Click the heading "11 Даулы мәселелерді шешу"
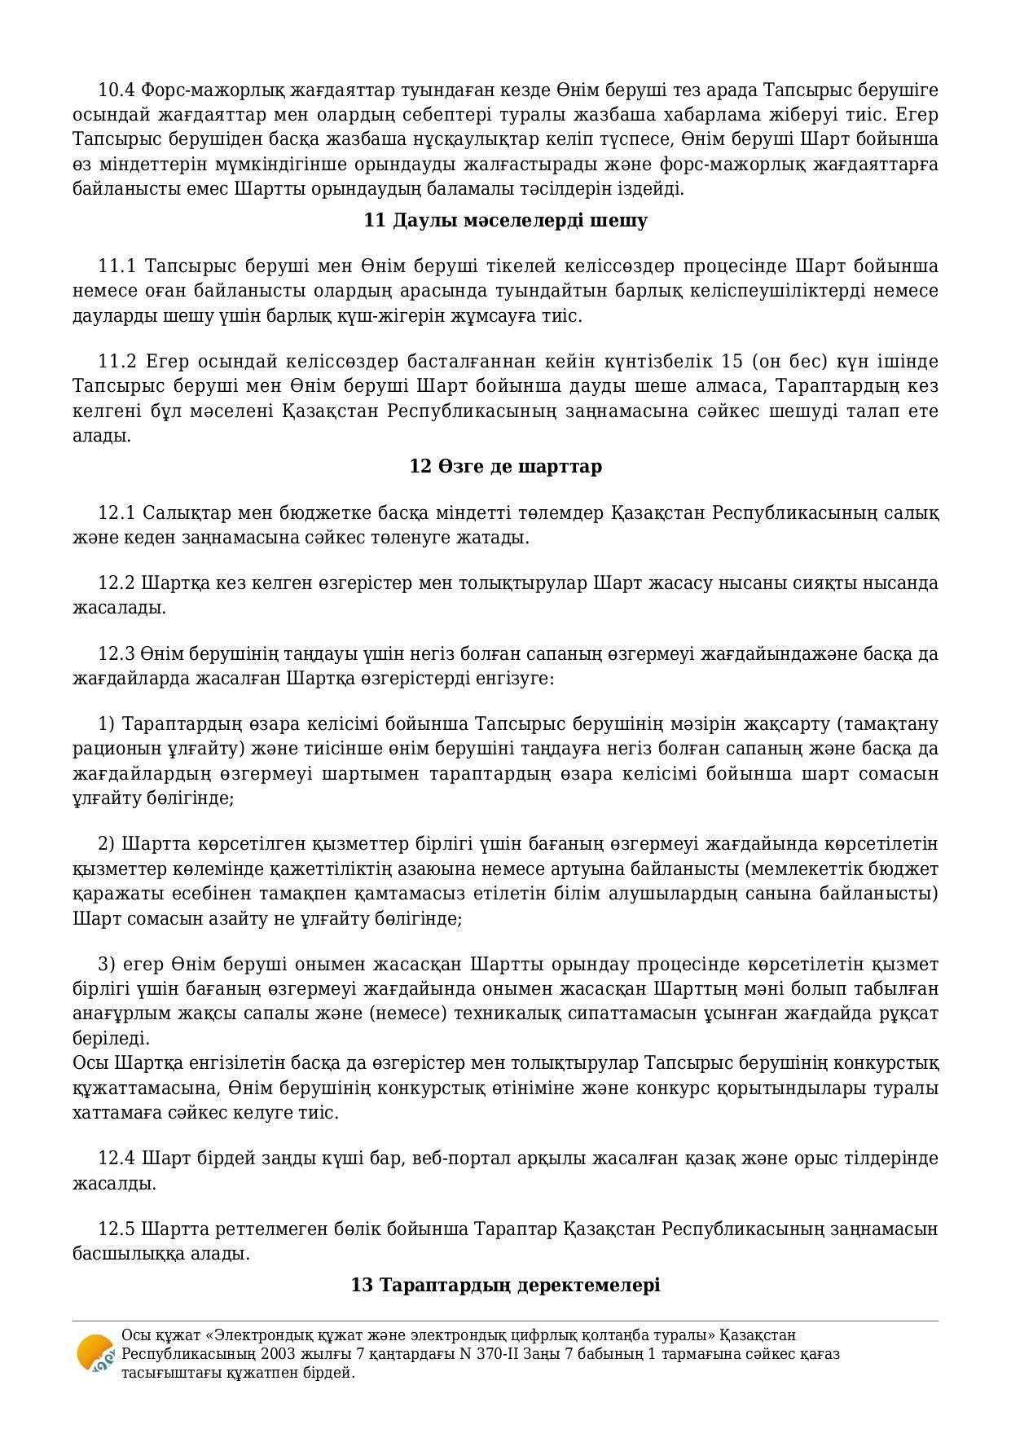(x=505, y=221)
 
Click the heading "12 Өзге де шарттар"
(x=505, y=467)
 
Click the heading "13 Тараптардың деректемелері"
(x=505, y=1286)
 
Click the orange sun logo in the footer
(x=95, y=1353)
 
